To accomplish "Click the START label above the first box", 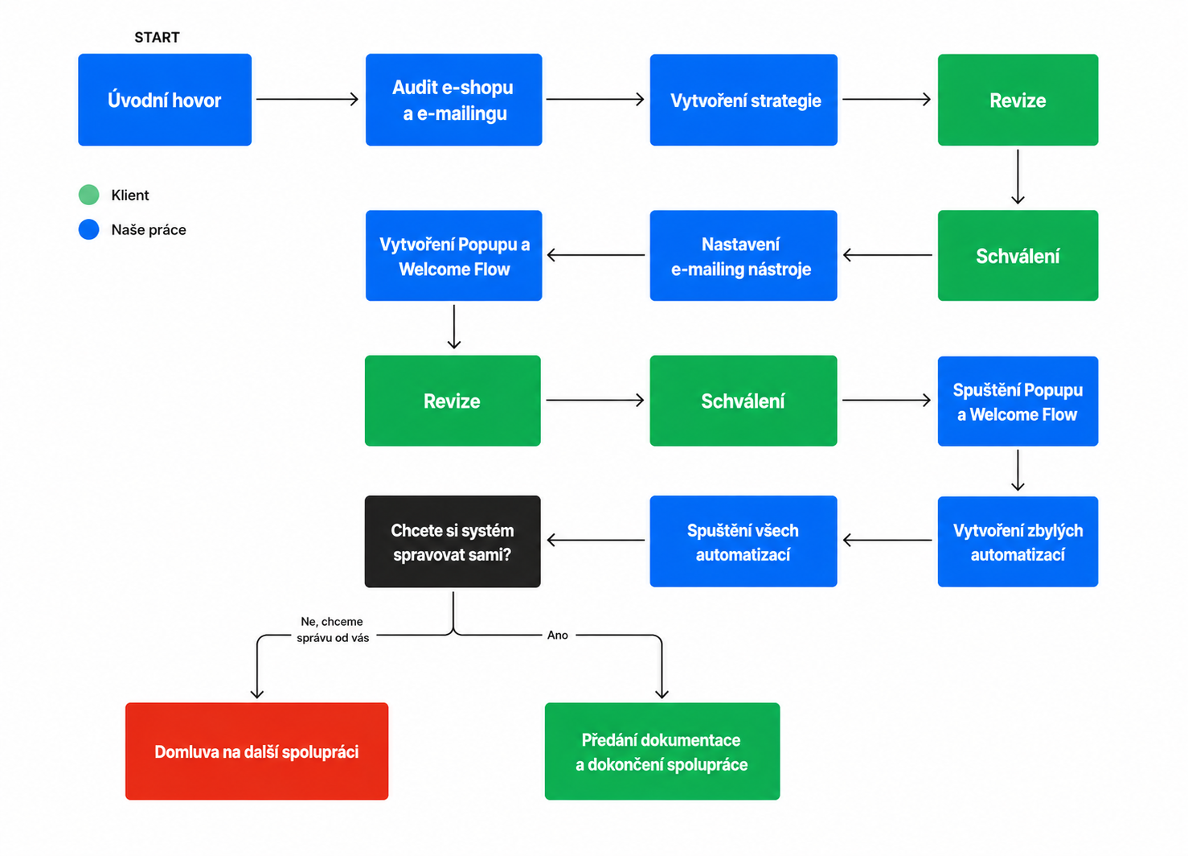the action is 157,37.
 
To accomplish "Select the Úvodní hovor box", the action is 165,100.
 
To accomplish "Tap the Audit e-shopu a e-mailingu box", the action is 454,100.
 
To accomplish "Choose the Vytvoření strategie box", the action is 744,100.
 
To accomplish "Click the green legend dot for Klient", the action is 89,195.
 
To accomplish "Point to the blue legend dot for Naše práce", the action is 89,229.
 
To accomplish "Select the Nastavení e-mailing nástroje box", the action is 744,256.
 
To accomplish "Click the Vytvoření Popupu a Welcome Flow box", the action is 454,256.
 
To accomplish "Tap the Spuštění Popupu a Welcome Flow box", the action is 1018,401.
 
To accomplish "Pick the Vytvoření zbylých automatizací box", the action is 1018,541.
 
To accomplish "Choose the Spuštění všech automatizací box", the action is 744,541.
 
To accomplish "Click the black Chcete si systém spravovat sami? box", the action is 453,541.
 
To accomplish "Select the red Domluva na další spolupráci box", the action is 256,751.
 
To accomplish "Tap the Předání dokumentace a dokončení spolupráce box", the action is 662,751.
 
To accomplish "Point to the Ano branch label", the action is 557,636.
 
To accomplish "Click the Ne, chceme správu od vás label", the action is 333,629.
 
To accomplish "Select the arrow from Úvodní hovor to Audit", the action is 308,99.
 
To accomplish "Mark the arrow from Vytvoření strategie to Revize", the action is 887,99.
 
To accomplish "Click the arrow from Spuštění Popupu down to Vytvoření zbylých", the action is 1018,470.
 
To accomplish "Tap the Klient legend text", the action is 130,195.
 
